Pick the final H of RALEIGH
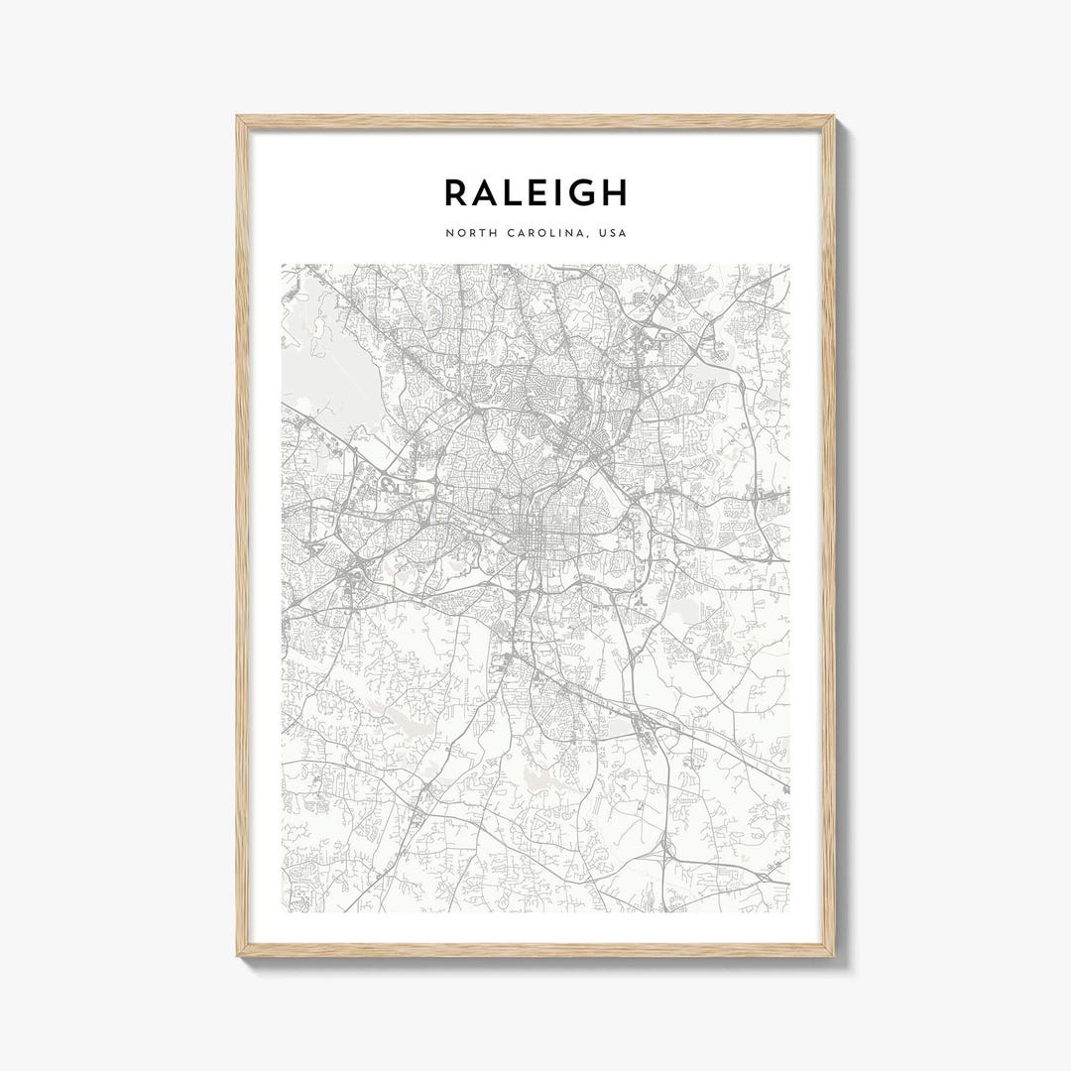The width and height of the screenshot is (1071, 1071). tap(614, 192)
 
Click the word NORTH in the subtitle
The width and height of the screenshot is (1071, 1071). tap(468, 233)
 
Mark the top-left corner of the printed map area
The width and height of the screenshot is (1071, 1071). tap(282, 265)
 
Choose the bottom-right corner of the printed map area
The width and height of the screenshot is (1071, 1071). tap(789, 911)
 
